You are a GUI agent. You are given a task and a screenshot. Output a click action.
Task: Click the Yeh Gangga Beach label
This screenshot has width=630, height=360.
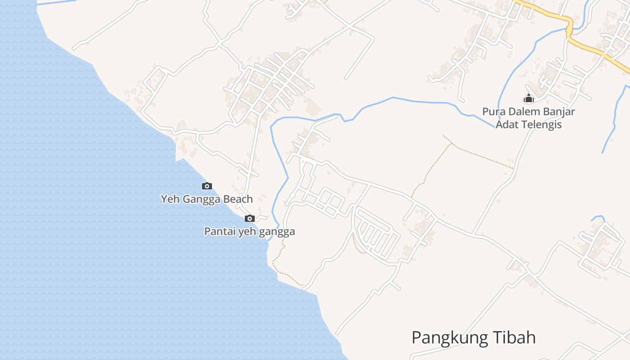[207, 199]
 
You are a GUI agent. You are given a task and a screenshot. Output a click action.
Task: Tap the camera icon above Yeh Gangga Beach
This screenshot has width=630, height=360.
[207, 186]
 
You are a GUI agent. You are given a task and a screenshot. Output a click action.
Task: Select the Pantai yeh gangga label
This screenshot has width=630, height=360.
[249, 232]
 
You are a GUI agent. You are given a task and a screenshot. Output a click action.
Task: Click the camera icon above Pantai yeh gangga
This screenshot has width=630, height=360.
[249, 219]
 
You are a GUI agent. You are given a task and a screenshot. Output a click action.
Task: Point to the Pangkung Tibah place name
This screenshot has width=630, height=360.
[473, 337]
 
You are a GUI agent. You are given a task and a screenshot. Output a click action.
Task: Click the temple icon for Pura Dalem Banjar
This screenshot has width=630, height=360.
[528, 98]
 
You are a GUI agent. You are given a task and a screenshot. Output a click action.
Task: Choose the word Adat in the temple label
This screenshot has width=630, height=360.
[506, 124]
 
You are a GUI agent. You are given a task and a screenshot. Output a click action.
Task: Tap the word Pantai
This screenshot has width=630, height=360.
[218, 232]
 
